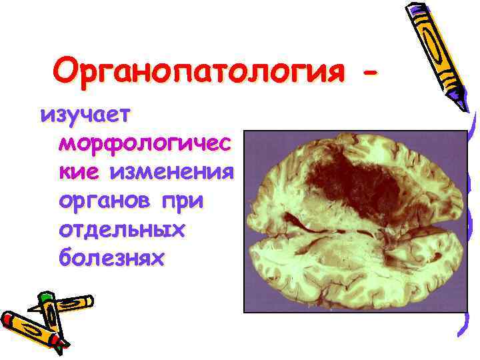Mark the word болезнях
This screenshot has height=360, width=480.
[x=111, y=258]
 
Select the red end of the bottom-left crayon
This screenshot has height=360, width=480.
[x=8, y=319]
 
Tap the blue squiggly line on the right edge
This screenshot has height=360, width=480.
[x=470, y=220]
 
